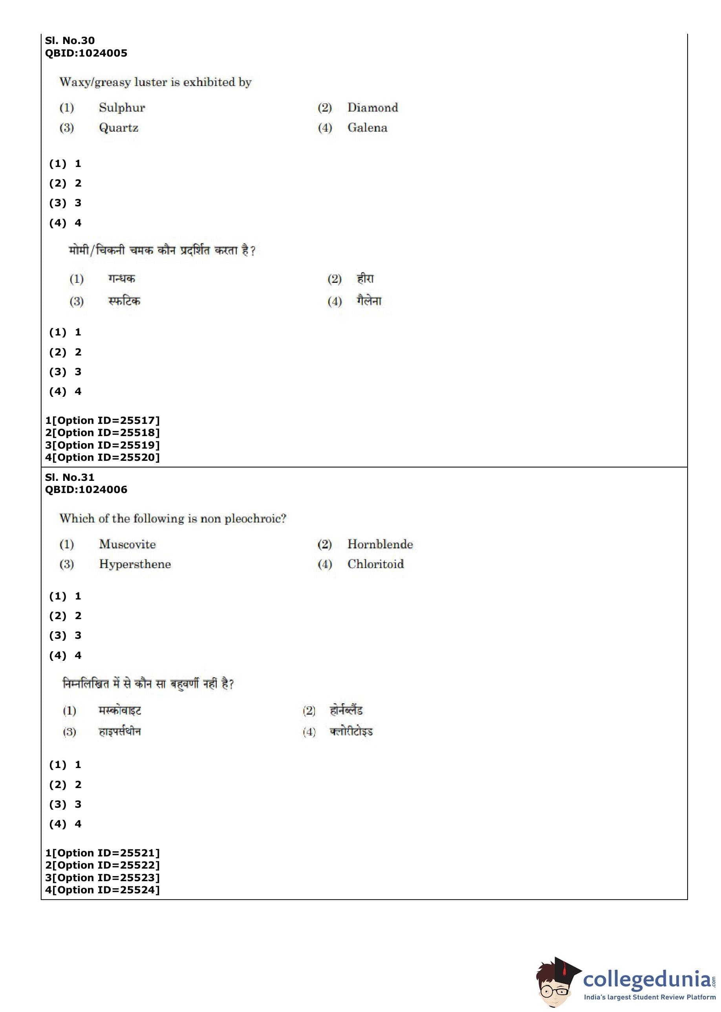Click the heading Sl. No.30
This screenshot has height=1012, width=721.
[70, 40]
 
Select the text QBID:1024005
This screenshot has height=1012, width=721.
[86, 53]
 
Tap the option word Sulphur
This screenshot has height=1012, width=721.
[122, 108]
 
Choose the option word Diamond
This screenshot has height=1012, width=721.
[373, 108]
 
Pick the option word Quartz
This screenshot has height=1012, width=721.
[119, 128]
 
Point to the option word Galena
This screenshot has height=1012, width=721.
[367, 128]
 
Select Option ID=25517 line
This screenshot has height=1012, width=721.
[102, 420]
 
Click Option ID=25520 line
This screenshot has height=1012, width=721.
[102, 457]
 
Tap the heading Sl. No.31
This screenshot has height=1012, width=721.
[70, 477]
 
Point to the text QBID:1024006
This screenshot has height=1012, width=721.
[86, 490]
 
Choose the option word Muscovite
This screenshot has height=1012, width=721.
[127, 544]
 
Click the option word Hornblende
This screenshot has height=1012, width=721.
[380, 544]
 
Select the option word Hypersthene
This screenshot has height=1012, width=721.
[135, 565]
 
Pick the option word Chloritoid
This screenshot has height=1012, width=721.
[375, 565]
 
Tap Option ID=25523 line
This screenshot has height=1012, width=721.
[102, 878]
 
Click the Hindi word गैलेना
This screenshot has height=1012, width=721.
[369, 301]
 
